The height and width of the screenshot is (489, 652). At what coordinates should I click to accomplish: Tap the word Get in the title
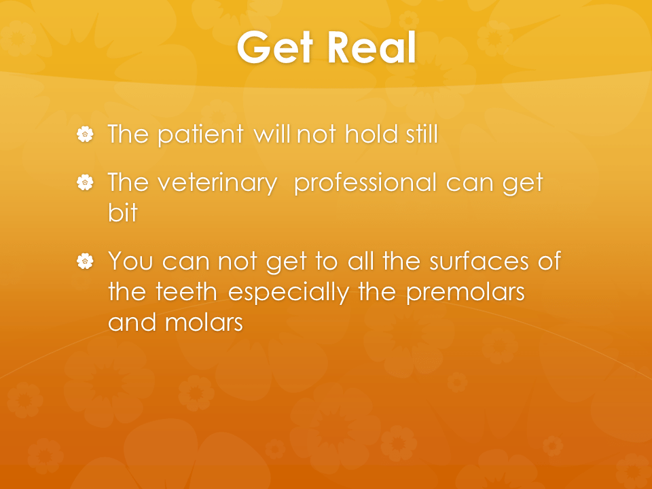pos(275,48)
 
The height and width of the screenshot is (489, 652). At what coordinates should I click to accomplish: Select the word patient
pos(201,134)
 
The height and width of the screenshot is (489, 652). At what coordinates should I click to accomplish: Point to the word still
pos(422,134)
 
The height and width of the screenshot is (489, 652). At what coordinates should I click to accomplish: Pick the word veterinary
pos(217,183)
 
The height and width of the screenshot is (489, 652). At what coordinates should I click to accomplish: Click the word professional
pos(365,183)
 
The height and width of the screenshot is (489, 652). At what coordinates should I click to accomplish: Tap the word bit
pos(123,212)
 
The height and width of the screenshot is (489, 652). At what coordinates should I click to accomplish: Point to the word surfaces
pos(479,260)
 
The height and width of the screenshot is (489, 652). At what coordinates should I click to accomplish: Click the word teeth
pos(186,291)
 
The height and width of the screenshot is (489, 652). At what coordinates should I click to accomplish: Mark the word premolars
pos(465,293)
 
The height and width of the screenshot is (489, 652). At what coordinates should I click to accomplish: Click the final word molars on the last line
pos(204,322)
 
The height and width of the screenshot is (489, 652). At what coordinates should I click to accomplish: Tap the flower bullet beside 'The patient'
pos(86,134)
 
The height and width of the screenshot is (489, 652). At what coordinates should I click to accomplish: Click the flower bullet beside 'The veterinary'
pos(86,183)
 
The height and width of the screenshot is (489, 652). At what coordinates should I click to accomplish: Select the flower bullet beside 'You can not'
pos(86,261)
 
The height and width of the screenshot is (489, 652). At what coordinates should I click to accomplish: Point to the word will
pos(272,134)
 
